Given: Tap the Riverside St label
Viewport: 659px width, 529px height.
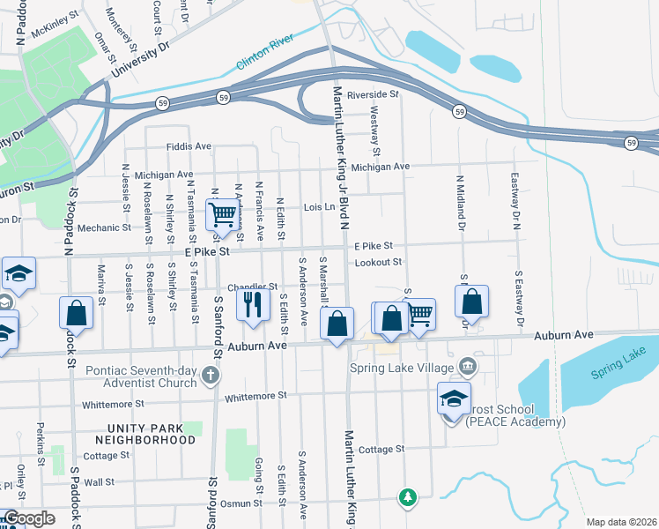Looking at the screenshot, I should click(x=373, y=94).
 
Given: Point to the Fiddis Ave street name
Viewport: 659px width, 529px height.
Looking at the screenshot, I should click(x=189, y=146).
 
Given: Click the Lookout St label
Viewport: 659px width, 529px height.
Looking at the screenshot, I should click(x=378, y=262).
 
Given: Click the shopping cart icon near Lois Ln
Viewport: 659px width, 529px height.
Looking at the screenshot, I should click(x=223, y=213).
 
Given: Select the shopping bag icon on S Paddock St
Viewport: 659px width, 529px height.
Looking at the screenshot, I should click(x=77, y=314).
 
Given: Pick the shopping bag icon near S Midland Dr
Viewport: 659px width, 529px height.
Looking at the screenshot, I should click(x=472, y=301).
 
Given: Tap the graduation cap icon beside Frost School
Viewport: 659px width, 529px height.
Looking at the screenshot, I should click(x=453, y=399).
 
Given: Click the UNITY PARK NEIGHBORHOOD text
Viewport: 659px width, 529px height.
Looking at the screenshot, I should click(x=145, y=433).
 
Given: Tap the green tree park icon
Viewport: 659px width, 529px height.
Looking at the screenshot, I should click(x=407, y=498).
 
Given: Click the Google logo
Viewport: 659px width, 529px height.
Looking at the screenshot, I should click(x=29, y=518).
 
